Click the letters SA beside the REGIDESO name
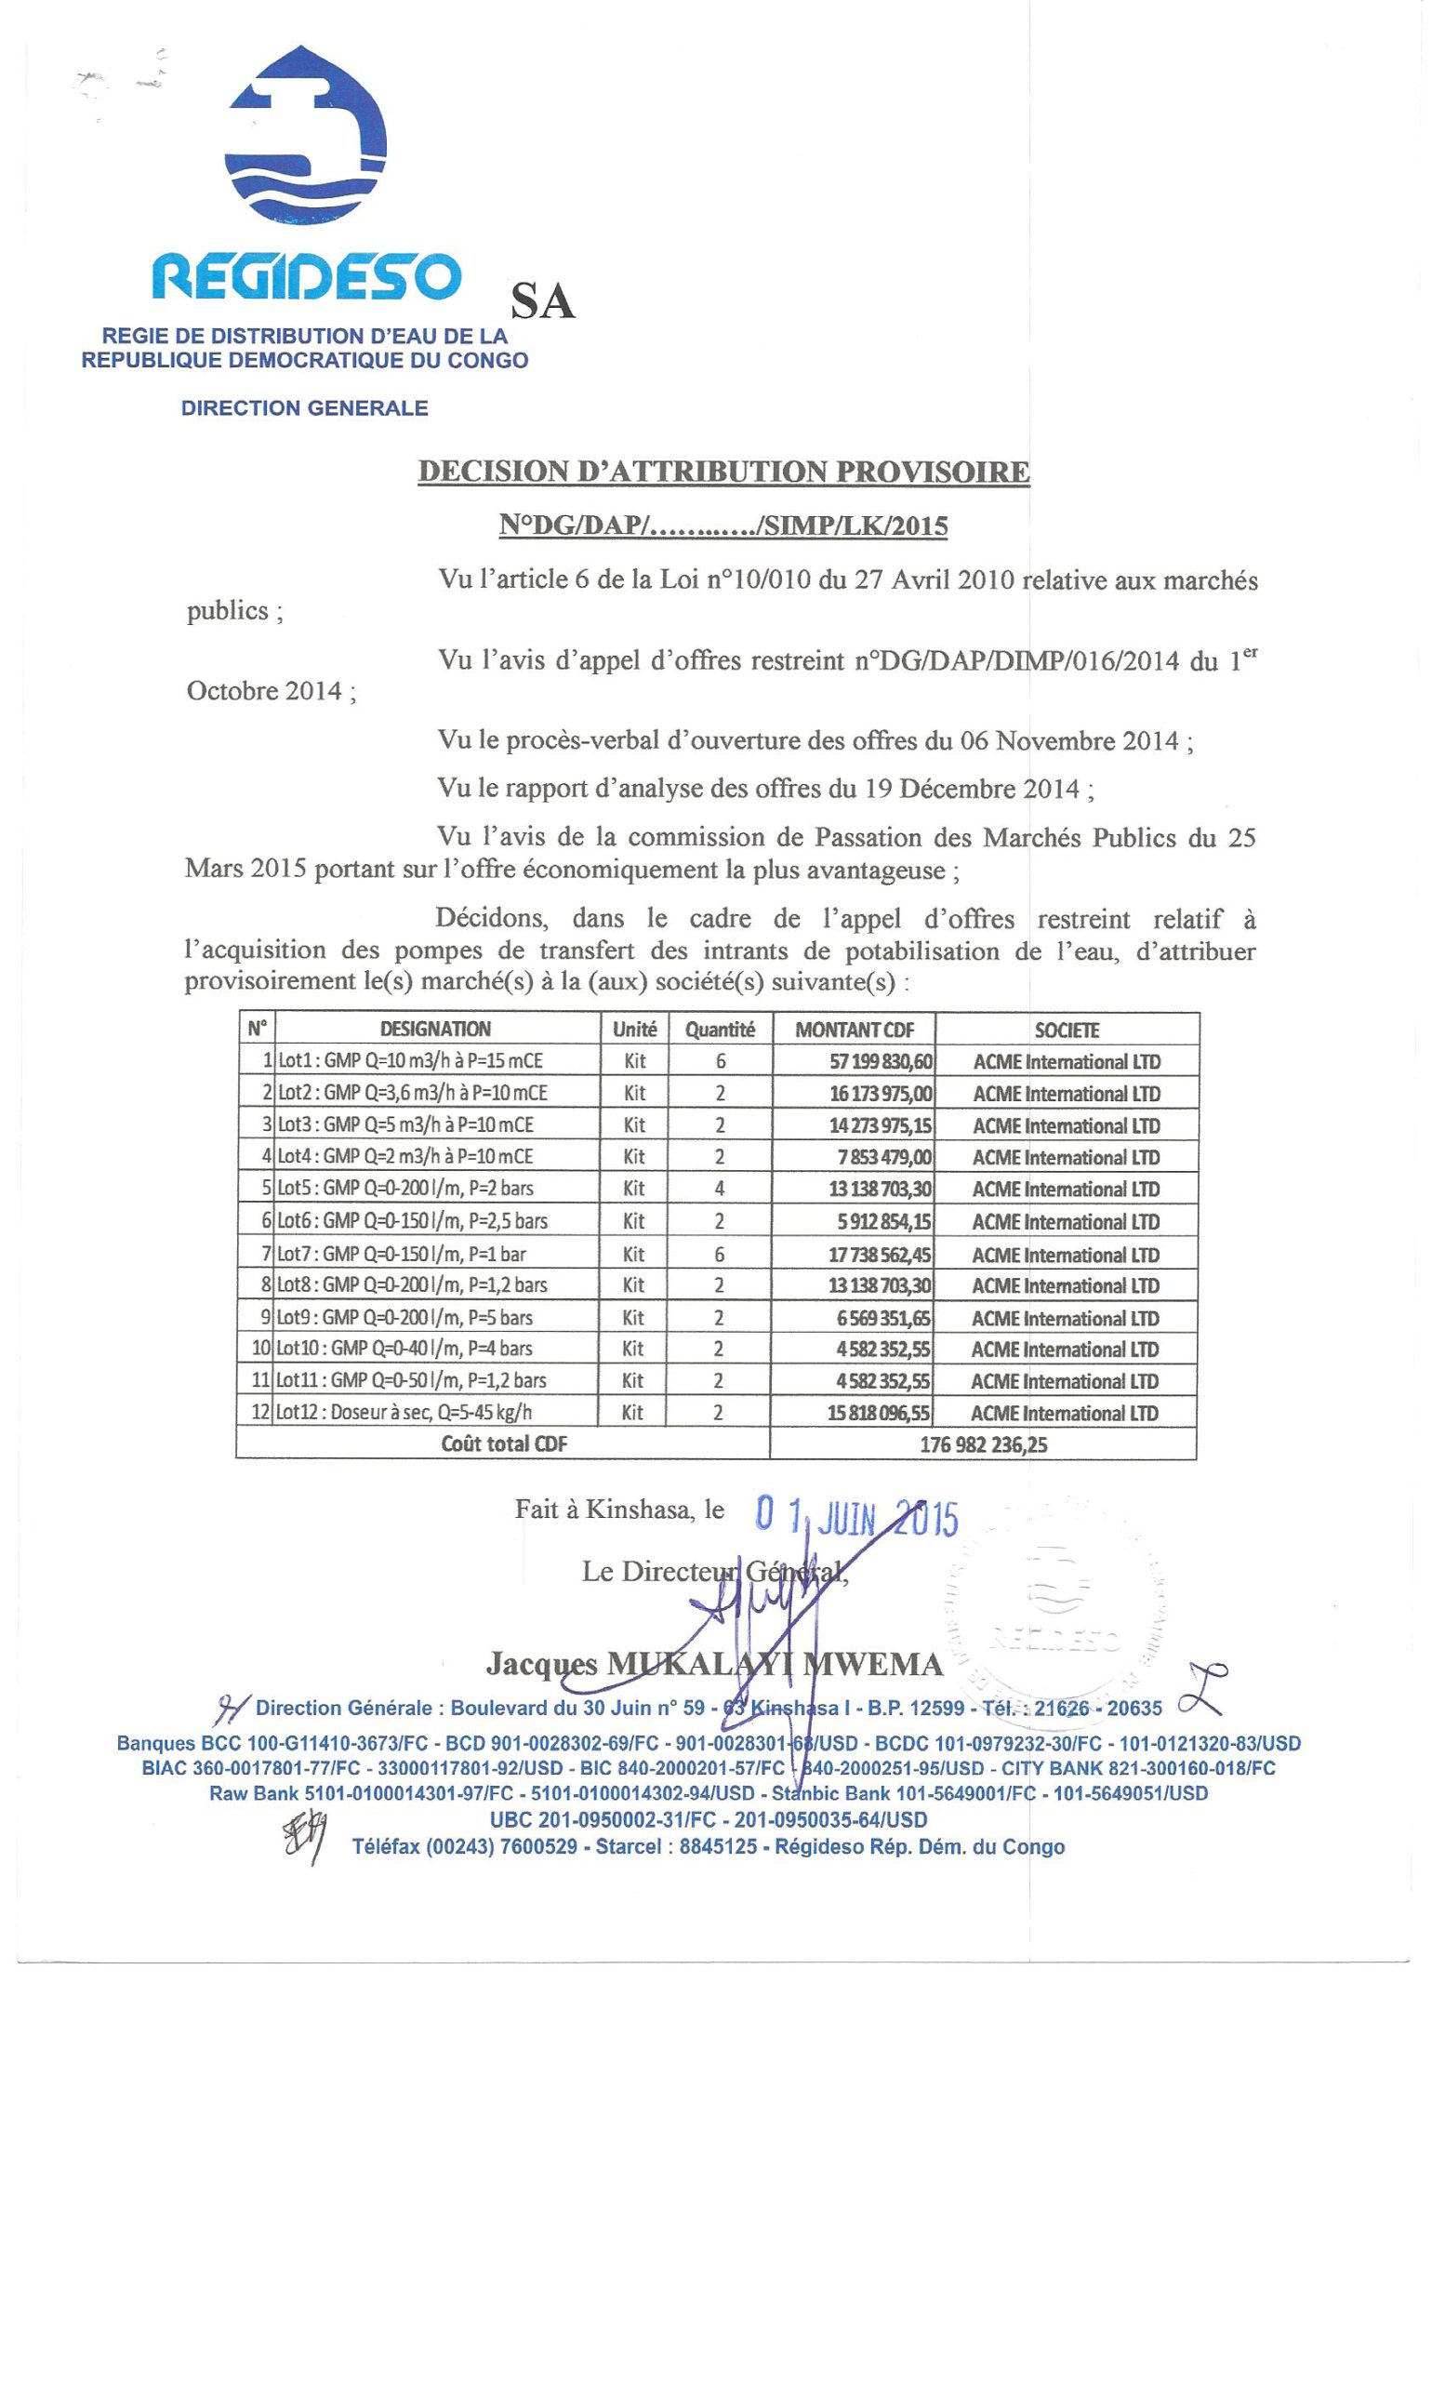coord(542,301)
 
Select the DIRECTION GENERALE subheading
coord(304,407)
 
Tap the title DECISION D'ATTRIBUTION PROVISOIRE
coord(723,472)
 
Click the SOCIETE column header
coord(1067,1031)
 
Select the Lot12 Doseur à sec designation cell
coord(404,1412)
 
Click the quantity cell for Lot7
coord(719,1255)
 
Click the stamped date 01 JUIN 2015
coord(855,1520)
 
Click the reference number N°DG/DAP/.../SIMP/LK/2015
coord(723,526)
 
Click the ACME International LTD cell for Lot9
coord(1066,1318)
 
